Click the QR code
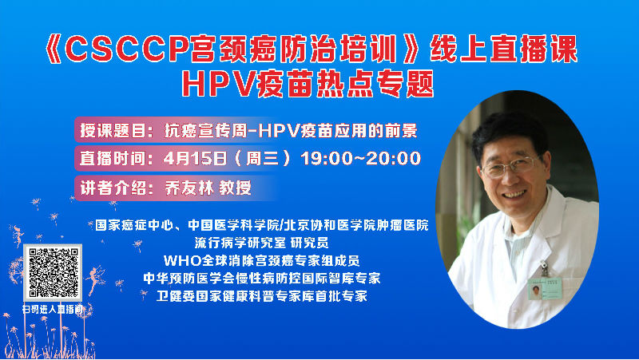53,272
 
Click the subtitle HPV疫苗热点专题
308,85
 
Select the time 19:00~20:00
361,158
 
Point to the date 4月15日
195,158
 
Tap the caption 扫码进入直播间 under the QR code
53,310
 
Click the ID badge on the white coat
545,288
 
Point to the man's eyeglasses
510,166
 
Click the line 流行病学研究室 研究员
261,243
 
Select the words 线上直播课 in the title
504,49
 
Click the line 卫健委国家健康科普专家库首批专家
262,296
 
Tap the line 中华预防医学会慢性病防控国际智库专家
262,279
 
